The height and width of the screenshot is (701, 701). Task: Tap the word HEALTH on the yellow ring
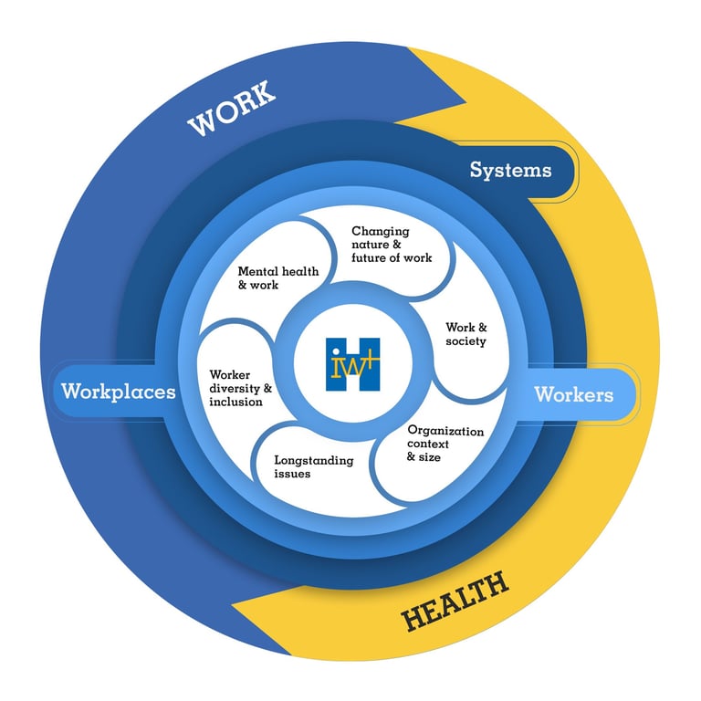[455, 603]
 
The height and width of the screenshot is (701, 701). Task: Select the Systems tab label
[510, 170]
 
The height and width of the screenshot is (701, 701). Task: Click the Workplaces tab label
[118, 392]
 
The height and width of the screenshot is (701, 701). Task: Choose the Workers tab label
[573, 394]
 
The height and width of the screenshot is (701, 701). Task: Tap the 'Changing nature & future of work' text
[392, 245]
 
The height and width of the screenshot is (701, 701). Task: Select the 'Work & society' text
[466, 334]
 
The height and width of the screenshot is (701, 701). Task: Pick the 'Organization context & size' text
[445, 443]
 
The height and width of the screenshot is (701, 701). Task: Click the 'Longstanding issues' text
[313, 467]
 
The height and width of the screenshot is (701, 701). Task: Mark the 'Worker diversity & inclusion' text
[241, 388]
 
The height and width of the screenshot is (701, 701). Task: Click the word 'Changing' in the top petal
[381, 232]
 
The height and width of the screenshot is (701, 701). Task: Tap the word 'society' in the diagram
[466, 341]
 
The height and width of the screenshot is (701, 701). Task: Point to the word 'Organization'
[445, 430]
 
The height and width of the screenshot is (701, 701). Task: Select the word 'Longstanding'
[313, 460]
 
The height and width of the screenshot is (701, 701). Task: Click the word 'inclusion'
[235, 402]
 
